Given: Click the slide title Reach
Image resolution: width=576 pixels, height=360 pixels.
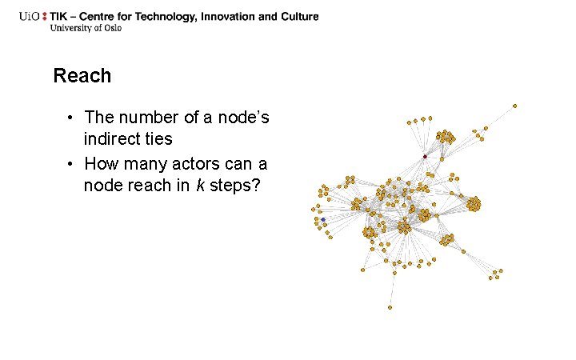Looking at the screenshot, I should (x=82, y=76).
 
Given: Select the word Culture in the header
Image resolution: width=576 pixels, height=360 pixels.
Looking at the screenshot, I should (x=298, y=16).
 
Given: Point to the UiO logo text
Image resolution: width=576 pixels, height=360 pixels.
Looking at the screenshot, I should (x=32, y=16).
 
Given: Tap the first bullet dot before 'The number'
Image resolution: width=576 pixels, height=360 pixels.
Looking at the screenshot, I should (x=70, y=118).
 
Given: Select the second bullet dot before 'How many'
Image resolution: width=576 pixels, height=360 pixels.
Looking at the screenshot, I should (x=70, y=165).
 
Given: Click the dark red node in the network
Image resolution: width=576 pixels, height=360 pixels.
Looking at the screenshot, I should (x=425, y=156).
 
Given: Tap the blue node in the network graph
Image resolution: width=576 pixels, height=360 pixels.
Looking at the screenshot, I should (x=323, y=218).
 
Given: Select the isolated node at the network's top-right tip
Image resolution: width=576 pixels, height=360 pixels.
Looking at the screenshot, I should (x=514, y=105).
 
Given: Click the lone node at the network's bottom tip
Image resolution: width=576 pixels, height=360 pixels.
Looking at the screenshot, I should (x=390, y=307).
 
